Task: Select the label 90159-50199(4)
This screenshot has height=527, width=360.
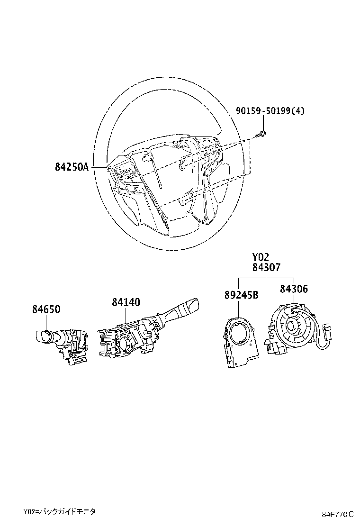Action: tap(270, 111)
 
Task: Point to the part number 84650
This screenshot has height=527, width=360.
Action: tap(46, 309)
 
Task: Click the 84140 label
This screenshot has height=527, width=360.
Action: tap(126, 302)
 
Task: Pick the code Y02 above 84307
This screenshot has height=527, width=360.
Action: tap(261, 257)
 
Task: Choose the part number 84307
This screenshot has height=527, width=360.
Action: tap(266, 268)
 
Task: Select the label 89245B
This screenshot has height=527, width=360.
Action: tap(241, 295)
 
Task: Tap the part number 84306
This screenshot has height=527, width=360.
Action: tap(294, 289)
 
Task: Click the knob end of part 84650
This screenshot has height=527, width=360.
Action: tap(42, 336)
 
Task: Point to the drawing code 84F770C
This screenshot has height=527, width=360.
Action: tap(338, 514)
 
